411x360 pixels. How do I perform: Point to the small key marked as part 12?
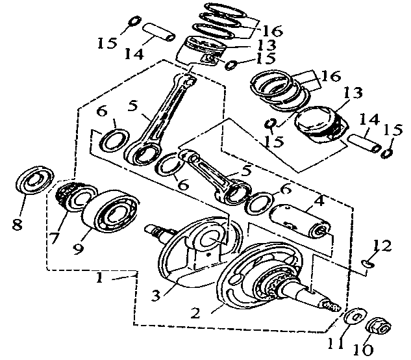point(367,263)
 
